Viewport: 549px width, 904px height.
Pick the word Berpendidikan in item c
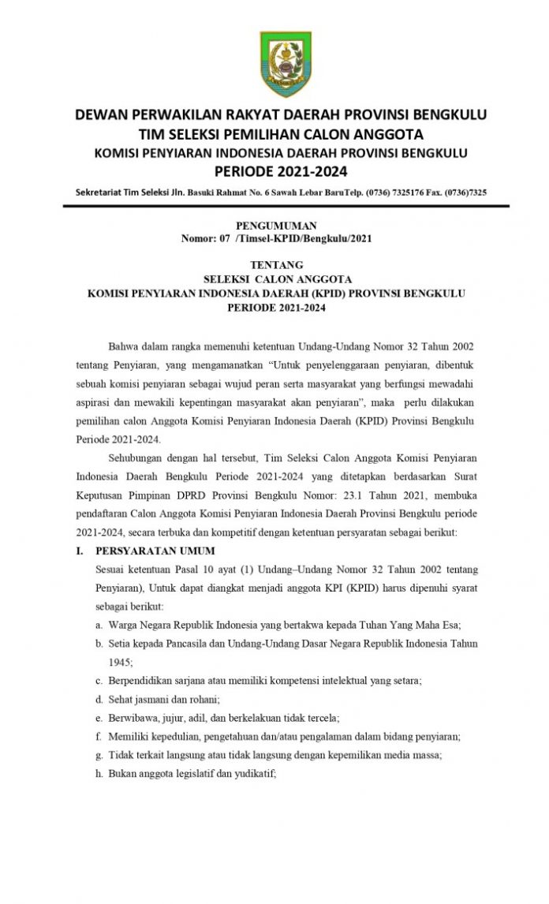click(147, 680)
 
